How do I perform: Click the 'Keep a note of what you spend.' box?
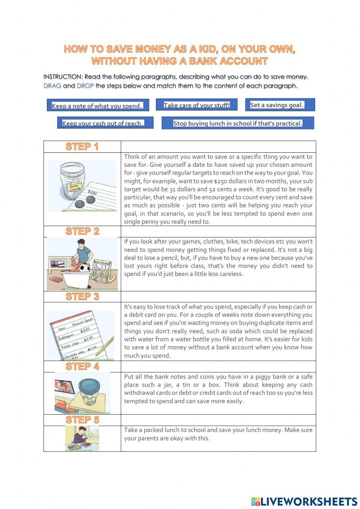[98, 105]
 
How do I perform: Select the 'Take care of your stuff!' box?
[197, 105]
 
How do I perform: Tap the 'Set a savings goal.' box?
[280, 105]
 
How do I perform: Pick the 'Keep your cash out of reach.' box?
[105, 123]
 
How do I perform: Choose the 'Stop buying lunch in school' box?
[238, 123]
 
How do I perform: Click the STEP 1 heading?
[82, 147]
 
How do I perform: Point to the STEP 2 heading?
[82, 231]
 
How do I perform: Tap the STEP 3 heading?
[82, 296]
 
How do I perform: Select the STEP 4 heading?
[82, 366]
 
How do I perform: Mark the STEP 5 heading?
[82, 420]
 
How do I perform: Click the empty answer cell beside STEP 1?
[218, 147]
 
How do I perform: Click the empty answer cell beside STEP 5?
[218, 420]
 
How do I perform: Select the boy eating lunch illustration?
[82, 438]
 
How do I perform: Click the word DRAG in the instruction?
[52, 86]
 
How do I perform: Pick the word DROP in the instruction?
[85, 86]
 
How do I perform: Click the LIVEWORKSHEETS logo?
[304, 501]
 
